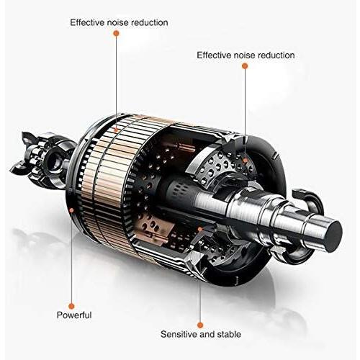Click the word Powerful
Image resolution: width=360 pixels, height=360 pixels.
click(74, 315)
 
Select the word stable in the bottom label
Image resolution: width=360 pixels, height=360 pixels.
click(229, 334)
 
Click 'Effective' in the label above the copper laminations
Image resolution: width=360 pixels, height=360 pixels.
click(87, 22)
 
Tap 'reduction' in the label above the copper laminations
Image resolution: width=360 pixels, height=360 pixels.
click(150, 22)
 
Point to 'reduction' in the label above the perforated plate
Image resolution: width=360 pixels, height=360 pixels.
click(276, 55)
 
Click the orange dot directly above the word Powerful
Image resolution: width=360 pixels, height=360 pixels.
click(71, 306)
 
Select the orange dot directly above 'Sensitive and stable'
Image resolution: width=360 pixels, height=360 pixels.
click(200, 325)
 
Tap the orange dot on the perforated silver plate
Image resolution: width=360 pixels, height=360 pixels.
click(245, 160)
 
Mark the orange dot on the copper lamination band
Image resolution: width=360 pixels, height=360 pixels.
click(116, 130)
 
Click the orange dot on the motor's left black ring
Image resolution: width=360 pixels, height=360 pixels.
click(71, 210)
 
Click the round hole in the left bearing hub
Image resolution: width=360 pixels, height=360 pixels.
click(54, 160)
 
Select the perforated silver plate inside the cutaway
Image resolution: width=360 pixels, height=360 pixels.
click(223, 166)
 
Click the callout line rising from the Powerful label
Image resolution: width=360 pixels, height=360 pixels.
click(71, 258)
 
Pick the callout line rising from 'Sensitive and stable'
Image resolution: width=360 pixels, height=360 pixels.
click(199, 276)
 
